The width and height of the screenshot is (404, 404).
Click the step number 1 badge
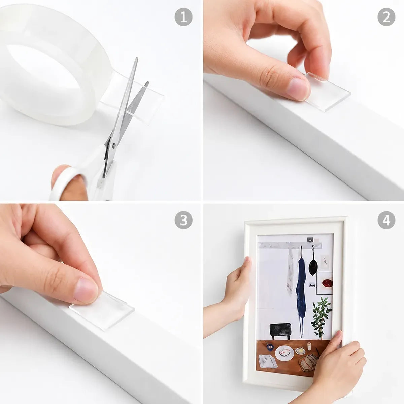click(x=183, y=17)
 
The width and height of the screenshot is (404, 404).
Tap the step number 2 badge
click(x=386, y=17)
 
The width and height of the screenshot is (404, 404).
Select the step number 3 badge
click(x=183, y=220)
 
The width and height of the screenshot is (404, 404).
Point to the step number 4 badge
click(x=386, y=220)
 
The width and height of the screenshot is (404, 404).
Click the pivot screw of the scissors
click(x=114, y=145)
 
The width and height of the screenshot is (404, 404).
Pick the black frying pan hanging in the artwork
click(x=313, y=266)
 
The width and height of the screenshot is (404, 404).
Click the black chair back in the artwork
click(x=280, y=330)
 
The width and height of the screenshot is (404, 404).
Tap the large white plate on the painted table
click(x=284, y=353)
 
